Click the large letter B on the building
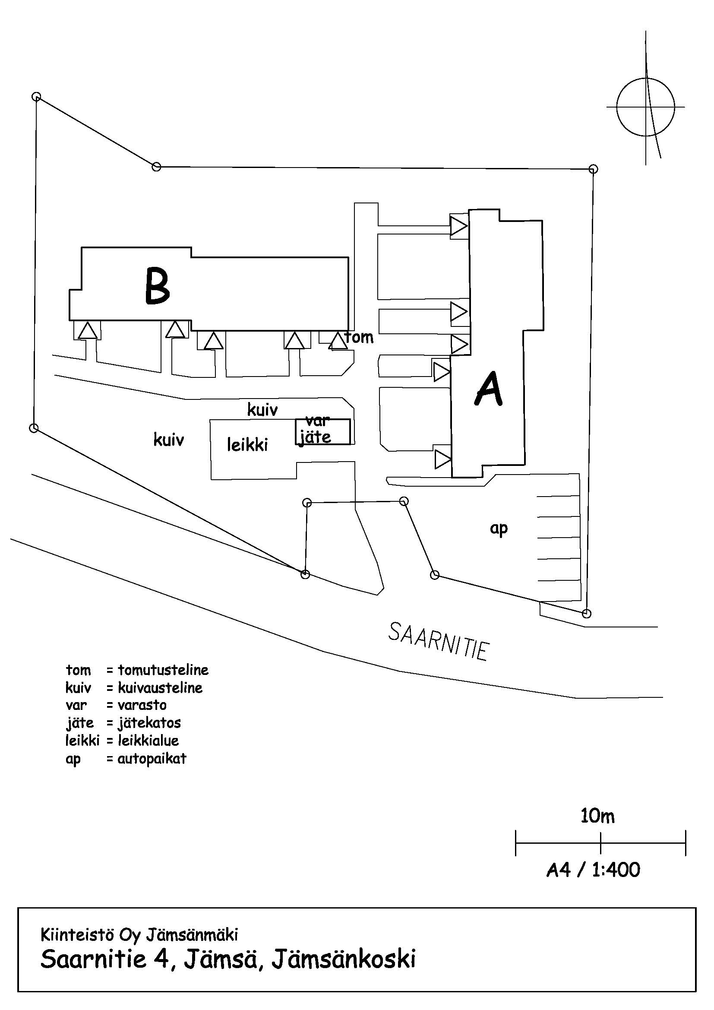coord(158,286)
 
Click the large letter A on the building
coord(489,388)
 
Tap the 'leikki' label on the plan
coord(247,445)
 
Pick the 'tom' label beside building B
coord(360,337)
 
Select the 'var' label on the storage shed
coord(317,421)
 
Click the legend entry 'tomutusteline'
coord(163,670)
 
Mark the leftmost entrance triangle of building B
coord(88,331)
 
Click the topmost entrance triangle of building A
coord(458,227)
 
